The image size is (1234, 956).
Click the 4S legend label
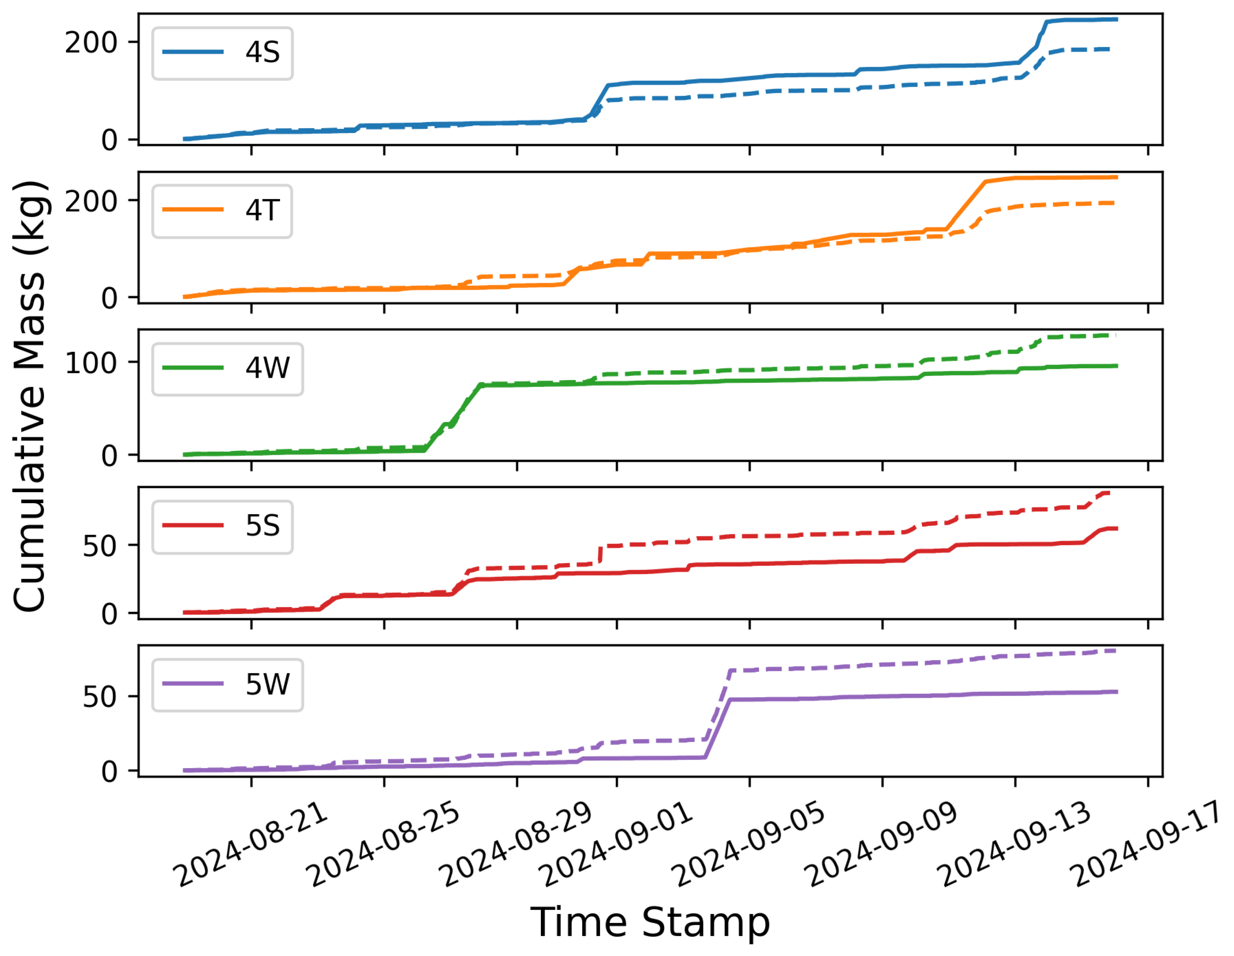point(262,53)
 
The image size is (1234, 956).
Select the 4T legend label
point(262,210)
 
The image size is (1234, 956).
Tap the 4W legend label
point(267,368)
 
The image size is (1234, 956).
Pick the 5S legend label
point(262,526)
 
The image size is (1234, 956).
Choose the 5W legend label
point(267,684)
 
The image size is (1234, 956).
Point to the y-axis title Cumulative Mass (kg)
point(30,396)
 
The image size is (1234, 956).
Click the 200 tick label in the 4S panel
point(91,43)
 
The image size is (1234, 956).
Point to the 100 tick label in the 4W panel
point(91,363)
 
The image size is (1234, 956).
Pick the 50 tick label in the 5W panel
point(99,697)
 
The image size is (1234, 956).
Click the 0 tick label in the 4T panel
point(109,298)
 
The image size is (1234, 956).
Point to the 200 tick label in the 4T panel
point(91,202)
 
